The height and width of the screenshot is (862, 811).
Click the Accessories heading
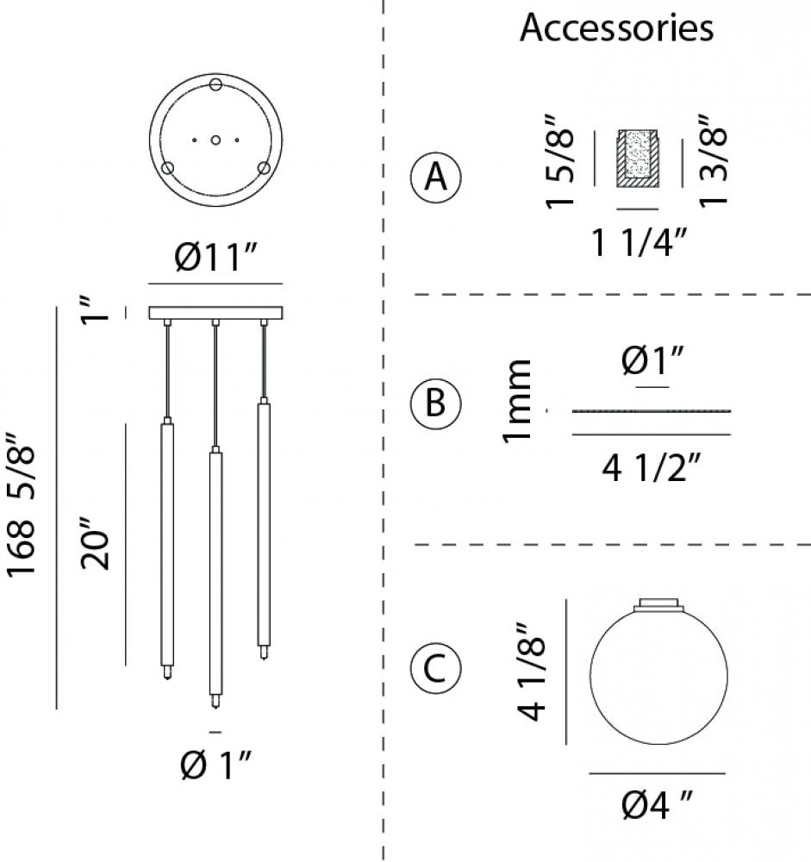[x=616, y=27]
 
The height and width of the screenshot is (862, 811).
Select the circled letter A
[x=436, y=177]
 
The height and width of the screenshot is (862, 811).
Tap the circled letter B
[x=435, y=403]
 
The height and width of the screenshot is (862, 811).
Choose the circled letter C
[x=435, y=669]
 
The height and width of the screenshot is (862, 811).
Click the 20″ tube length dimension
[x=95, y=550]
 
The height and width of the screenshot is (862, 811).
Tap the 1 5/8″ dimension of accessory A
[x=559, y=162]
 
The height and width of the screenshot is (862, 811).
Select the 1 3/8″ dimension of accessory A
[x=713, y=161]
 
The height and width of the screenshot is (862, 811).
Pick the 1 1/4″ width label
[x=639, y=242]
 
